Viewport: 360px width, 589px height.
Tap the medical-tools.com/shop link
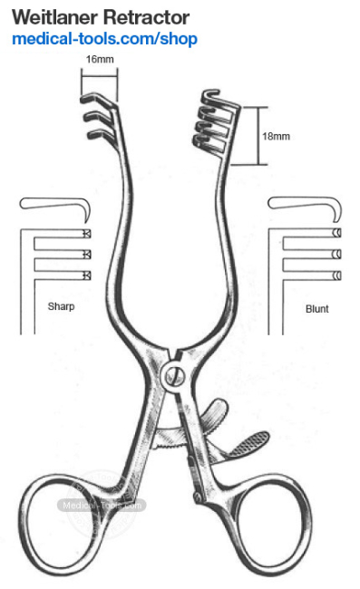104,39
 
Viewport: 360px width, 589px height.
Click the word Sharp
61,307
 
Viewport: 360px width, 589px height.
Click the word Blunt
317,308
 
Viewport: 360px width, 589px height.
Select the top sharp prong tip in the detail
86,233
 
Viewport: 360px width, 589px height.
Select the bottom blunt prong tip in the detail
336,275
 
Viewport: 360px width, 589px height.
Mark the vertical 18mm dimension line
267,136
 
